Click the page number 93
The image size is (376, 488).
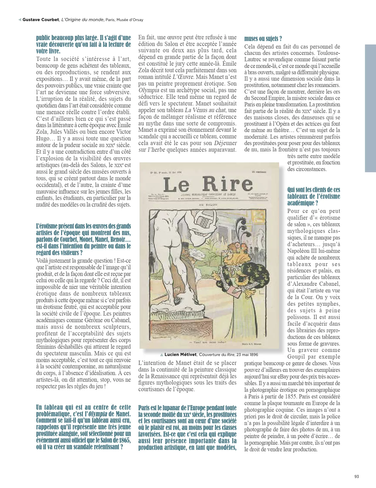(356, 477)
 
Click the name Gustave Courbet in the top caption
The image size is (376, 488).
(41, 20)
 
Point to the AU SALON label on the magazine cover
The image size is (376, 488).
(208, 205)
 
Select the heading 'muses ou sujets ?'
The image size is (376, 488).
(263, 39)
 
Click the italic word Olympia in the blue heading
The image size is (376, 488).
(98, 414)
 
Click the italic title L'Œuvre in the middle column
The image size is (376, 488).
(182, 77)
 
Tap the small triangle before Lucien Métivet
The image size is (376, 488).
(162, 355)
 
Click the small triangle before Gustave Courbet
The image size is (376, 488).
(20, 20)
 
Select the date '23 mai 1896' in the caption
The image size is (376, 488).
(247, 355)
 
